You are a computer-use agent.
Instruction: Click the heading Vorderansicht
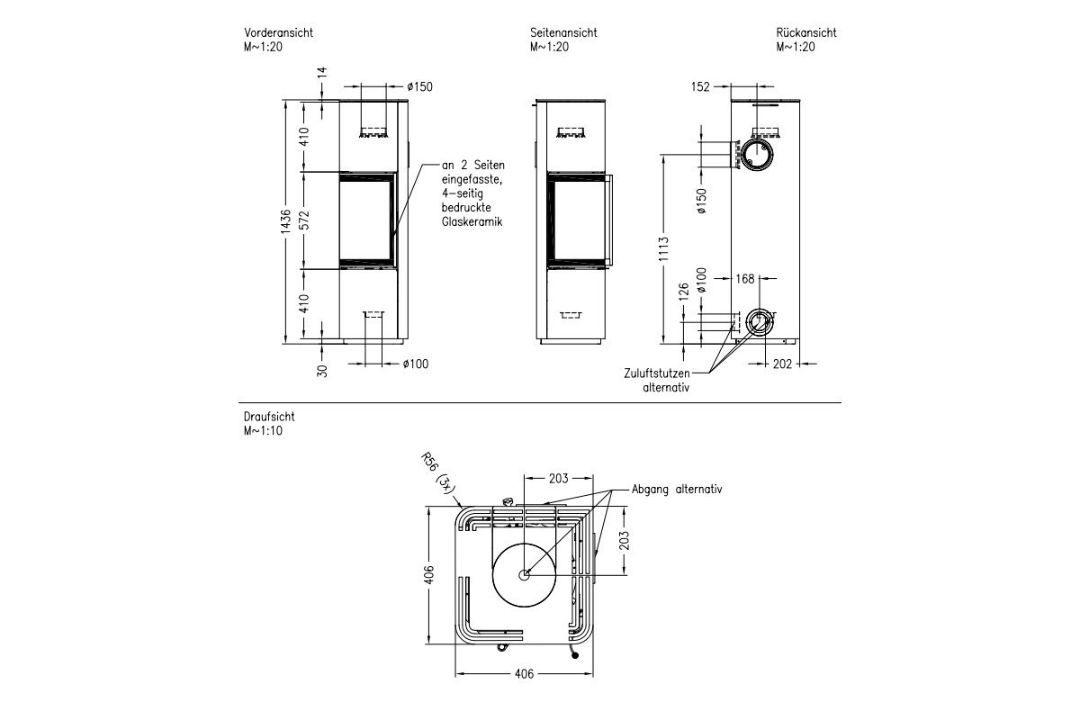tap(278, 32)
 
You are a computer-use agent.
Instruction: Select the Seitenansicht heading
tap(563, 32)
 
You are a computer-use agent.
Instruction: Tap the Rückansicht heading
tap(806, 32)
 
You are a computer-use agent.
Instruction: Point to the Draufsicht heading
tap(269, 417)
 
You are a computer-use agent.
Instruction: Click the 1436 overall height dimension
tap(286, 221)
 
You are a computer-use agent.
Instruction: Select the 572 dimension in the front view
tap(304, 220)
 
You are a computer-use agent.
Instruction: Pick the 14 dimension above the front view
tap(322, 72)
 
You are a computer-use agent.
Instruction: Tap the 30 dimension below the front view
tap(322, 371)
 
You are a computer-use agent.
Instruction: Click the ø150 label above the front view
tap(419, 86)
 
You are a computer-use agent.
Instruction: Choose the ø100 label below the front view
tap(416, 364)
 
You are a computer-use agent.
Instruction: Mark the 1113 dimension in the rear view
tap(664, 249)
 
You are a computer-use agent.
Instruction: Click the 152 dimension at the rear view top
tap(700, 86)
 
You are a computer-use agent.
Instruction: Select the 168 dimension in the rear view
tap(745, 279)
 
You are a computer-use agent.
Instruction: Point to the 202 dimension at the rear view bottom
tap(782, 364)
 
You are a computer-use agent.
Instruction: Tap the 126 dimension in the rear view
tap(684, 292)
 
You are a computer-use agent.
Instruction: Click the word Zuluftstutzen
tap(657, 373)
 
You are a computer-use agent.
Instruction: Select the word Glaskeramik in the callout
tap(472, 221)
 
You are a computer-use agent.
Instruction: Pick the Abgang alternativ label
tap(677, 490)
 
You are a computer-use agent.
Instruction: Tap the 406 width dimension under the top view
tap(524, 674)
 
